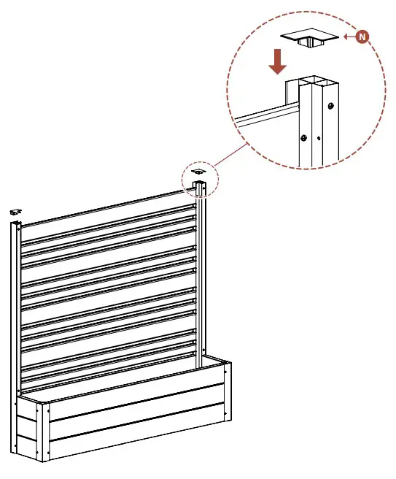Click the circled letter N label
[x=362, y=37]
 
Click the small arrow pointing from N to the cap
[x=349, y=37]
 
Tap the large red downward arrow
[x=277, y=62]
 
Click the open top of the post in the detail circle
[x=319, y=82]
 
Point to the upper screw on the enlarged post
[x=330, y=106]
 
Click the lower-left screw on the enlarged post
[x=303, y=138]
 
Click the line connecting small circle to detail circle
[x=230, y=155]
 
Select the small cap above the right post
[x=198, y=172]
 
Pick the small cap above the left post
[x=15, y=212]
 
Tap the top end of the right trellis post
[x=199, y=184]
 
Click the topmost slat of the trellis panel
[x=109, y=208]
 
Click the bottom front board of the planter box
[x=136, y=432]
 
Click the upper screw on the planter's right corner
[x=226, y=372]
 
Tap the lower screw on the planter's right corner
[x=226, y=413]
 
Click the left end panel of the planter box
[x=27, y=428]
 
